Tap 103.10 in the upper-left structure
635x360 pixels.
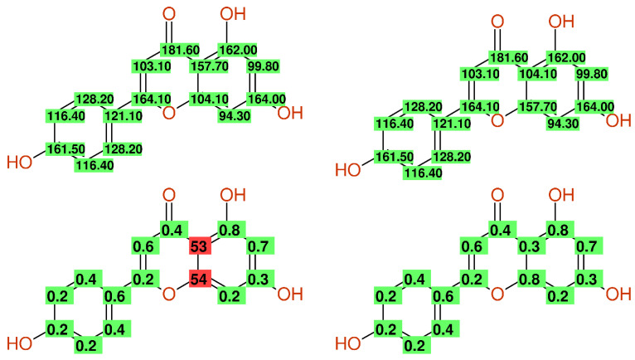click(152, 66)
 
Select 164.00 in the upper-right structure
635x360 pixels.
click(594, 105)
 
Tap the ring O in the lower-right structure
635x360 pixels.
click(497, 293)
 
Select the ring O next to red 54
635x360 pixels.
click(168, 293)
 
